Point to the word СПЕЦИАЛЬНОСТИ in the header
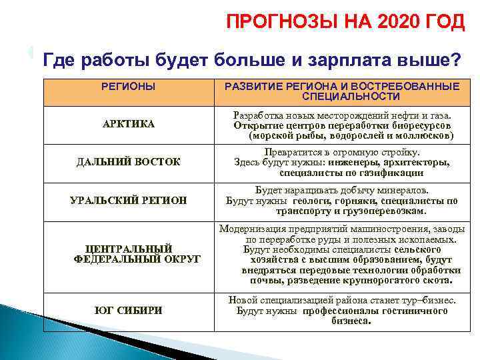(341, 97)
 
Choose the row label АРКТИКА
(129, 124)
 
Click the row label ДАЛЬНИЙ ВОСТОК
(129, 162)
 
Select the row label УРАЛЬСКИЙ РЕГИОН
(129, 200)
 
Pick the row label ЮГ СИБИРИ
(129, 310)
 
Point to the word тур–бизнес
(425, 300)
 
